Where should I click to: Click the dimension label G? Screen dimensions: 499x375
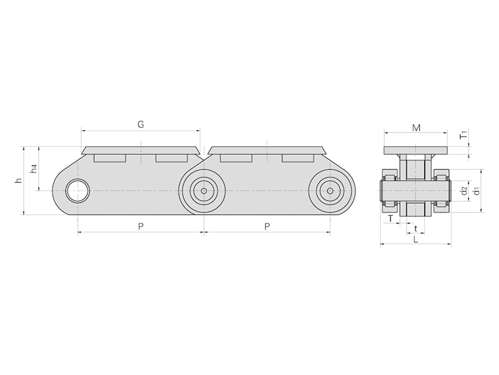click(141, 124)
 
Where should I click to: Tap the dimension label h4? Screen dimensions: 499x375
click(34, 169)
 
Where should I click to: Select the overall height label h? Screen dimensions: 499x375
click(19, 181)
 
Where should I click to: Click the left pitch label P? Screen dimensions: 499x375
click(141, 226)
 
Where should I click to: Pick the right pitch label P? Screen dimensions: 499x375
click(268, 226)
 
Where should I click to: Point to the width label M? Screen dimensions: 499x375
click(416, 128)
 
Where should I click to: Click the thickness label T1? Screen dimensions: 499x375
click(464, 134)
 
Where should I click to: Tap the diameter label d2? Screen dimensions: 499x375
click(464, 191)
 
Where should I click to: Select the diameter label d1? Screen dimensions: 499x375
click(477, 191)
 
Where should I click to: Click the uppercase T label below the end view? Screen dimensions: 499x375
click(390, 218)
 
